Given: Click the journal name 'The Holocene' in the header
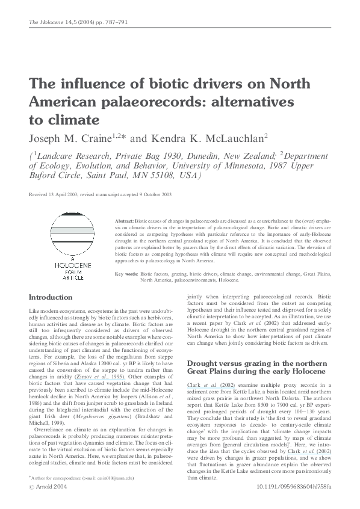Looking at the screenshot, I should click(44, 22).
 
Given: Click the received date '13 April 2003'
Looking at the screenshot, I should click(66, 195).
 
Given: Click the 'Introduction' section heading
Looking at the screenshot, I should click(54, 297).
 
